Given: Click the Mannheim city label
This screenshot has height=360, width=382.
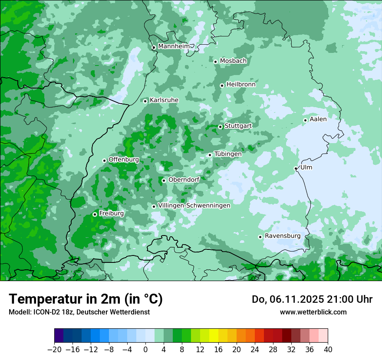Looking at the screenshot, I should [x=174, y=46].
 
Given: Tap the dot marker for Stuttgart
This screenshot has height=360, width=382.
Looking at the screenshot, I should [x=221, y=127].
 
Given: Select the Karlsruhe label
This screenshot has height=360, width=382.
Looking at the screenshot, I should [x=164, y=100].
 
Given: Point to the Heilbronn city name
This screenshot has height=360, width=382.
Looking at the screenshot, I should [x=241, y=85].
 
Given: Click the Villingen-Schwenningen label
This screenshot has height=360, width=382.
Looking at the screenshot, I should [x=194, y=206].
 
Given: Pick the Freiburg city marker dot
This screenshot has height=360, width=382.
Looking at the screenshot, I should [x=95, y=214].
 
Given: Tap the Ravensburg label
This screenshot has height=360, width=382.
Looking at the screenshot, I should [x=282, y=236].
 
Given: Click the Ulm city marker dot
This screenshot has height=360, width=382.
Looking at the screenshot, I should [x=296, y=168].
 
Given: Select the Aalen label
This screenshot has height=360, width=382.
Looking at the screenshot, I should [x=318, y=119].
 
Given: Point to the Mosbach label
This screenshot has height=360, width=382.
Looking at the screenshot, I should [x=233, y=61].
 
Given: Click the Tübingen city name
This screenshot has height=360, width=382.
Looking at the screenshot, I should [x=227, y=154].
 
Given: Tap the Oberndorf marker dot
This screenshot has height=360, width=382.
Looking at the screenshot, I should [x=164, y=180].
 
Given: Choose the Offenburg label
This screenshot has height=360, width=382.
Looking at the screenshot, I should [x=124, y=160].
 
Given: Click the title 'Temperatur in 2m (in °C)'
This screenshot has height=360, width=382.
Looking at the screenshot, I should [x=86, y=299].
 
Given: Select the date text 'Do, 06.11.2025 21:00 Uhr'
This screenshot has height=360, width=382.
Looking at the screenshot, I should [x=312, y=299].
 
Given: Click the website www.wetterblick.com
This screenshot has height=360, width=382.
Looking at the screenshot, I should [x=313, y=312].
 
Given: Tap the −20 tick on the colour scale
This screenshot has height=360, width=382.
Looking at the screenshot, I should [x=55, y=350].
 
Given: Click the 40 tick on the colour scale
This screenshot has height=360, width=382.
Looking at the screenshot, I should [x=328, y=350].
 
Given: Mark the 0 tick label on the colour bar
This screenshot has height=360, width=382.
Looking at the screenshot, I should [x=145, y=350].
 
